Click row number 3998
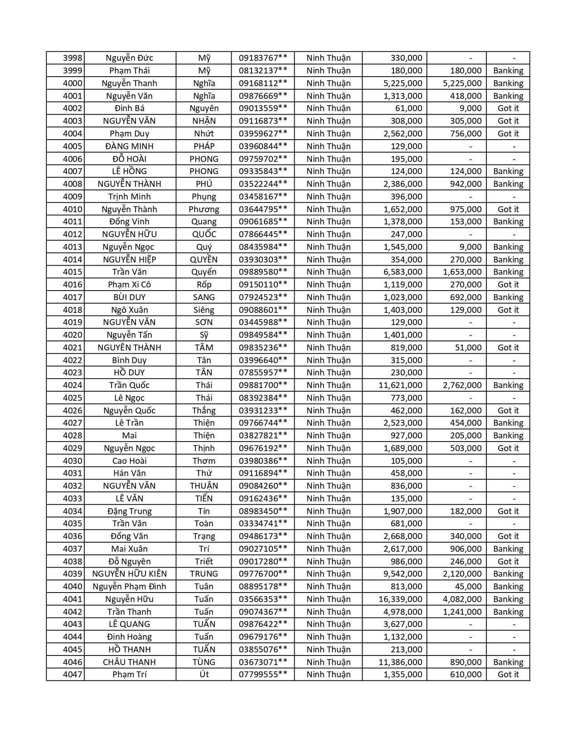73,58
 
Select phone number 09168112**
263,83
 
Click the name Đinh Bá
130,108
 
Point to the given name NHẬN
204,121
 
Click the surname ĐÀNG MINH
130,146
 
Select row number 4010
73,209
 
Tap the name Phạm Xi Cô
130,285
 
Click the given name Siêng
204,310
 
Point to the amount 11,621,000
400,385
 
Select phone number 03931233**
263,411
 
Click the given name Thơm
204,461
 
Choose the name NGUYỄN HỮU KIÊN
130,574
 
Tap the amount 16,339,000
400,599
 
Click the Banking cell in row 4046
508,662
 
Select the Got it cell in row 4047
508,675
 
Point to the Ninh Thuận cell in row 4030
329,461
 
